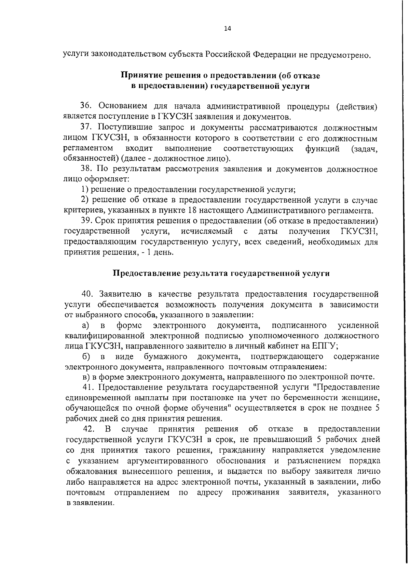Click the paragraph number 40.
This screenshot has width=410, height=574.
click(87, 294)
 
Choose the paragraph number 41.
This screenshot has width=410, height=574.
click(88, 387)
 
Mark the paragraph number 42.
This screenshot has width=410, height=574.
click(90, 429)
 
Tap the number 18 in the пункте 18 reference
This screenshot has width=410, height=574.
click(193, 210)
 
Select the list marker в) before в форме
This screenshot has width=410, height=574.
click(87, 377)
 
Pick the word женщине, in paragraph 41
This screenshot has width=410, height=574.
click(361, 398)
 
